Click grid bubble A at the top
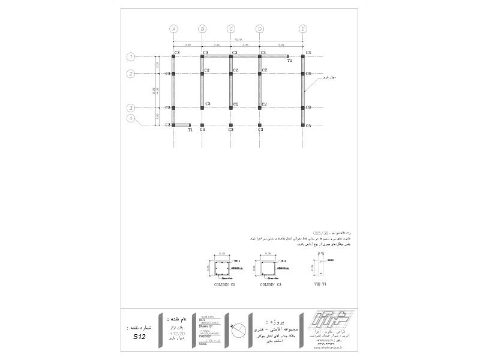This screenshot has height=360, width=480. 173,28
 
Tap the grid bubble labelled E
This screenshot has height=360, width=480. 303,28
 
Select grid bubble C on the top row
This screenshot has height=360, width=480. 231,28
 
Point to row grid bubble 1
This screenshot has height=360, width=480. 130,56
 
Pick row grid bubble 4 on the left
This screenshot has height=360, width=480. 130,118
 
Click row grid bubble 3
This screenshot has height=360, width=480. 130,107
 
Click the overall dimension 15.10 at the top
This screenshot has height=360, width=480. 238,39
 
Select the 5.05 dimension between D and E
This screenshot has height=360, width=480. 281,44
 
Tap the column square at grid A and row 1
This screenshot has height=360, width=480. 173,56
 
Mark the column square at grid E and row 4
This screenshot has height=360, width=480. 303,125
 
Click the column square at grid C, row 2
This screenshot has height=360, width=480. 231,74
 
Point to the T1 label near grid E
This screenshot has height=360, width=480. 290,61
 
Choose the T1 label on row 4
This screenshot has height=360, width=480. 190,130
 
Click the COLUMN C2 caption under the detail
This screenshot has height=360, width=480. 224,285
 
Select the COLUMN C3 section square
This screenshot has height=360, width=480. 268,267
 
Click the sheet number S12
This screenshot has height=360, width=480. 139,337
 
